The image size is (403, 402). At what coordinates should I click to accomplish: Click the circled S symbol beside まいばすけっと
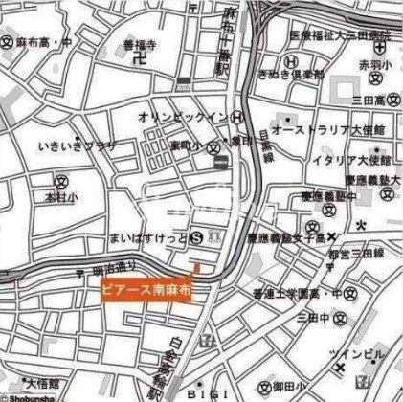coord(196,235)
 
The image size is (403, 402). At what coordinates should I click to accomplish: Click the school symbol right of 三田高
coord(388,99)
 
